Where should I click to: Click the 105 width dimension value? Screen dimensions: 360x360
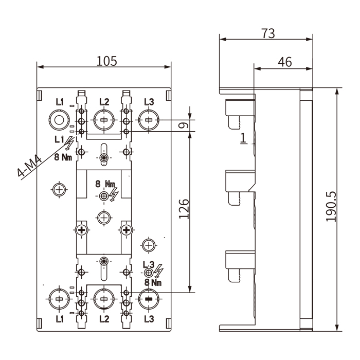tap(107, 61)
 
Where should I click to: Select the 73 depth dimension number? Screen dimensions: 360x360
tap(268, 33)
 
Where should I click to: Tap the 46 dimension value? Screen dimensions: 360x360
tap(284, 62)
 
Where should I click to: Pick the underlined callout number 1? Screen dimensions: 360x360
tap(242, 137)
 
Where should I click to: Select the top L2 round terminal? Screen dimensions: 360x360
tap(104, 120)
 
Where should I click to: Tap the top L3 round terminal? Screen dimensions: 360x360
tap(149, 120)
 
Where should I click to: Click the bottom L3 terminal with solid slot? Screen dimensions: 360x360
tap(149, 298)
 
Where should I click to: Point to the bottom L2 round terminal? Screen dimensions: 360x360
tap(104, 298)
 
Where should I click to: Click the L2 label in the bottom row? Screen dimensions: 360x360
tap(104, 319)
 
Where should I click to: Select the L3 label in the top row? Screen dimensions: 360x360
tap(149, 102)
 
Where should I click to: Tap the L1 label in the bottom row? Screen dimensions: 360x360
tap(60, 319)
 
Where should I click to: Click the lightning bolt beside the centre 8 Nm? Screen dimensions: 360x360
tap(114, 193)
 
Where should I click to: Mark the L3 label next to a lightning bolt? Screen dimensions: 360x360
tap(148, 264)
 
